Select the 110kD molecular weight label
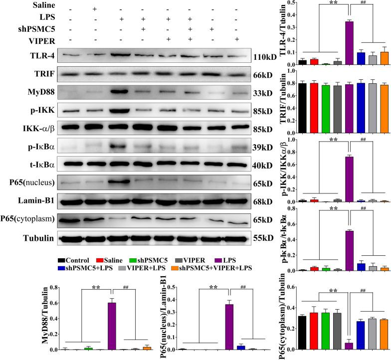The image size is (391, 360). (x=265, y=57)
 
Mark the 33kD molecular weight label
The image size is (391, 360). (x=264, y=93)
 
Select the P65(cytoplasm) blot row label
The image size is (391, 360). (x=29, y=220)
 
